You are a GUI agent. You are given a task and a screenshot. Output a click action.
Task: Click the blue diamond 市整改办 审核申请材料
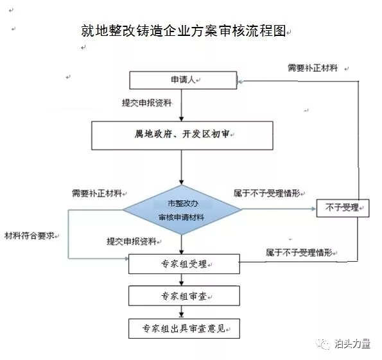pyautogui.click(x=182, y=210)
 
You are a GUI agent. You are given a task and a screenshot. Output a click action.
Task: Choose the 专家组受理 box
pyautogui.click(x=184, y=264)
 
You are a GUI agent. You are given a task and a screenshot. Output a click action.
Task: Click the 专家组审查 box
pyautogui.click(x=184, y=296)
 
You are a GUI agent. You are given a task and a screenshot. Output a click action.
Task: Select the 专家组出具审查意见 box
pyautogui.click(x=184, y=329)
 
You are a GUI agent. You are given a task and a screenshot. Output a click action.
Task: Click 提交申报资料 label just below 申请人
pyautogui.click(x=146, y=103)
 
